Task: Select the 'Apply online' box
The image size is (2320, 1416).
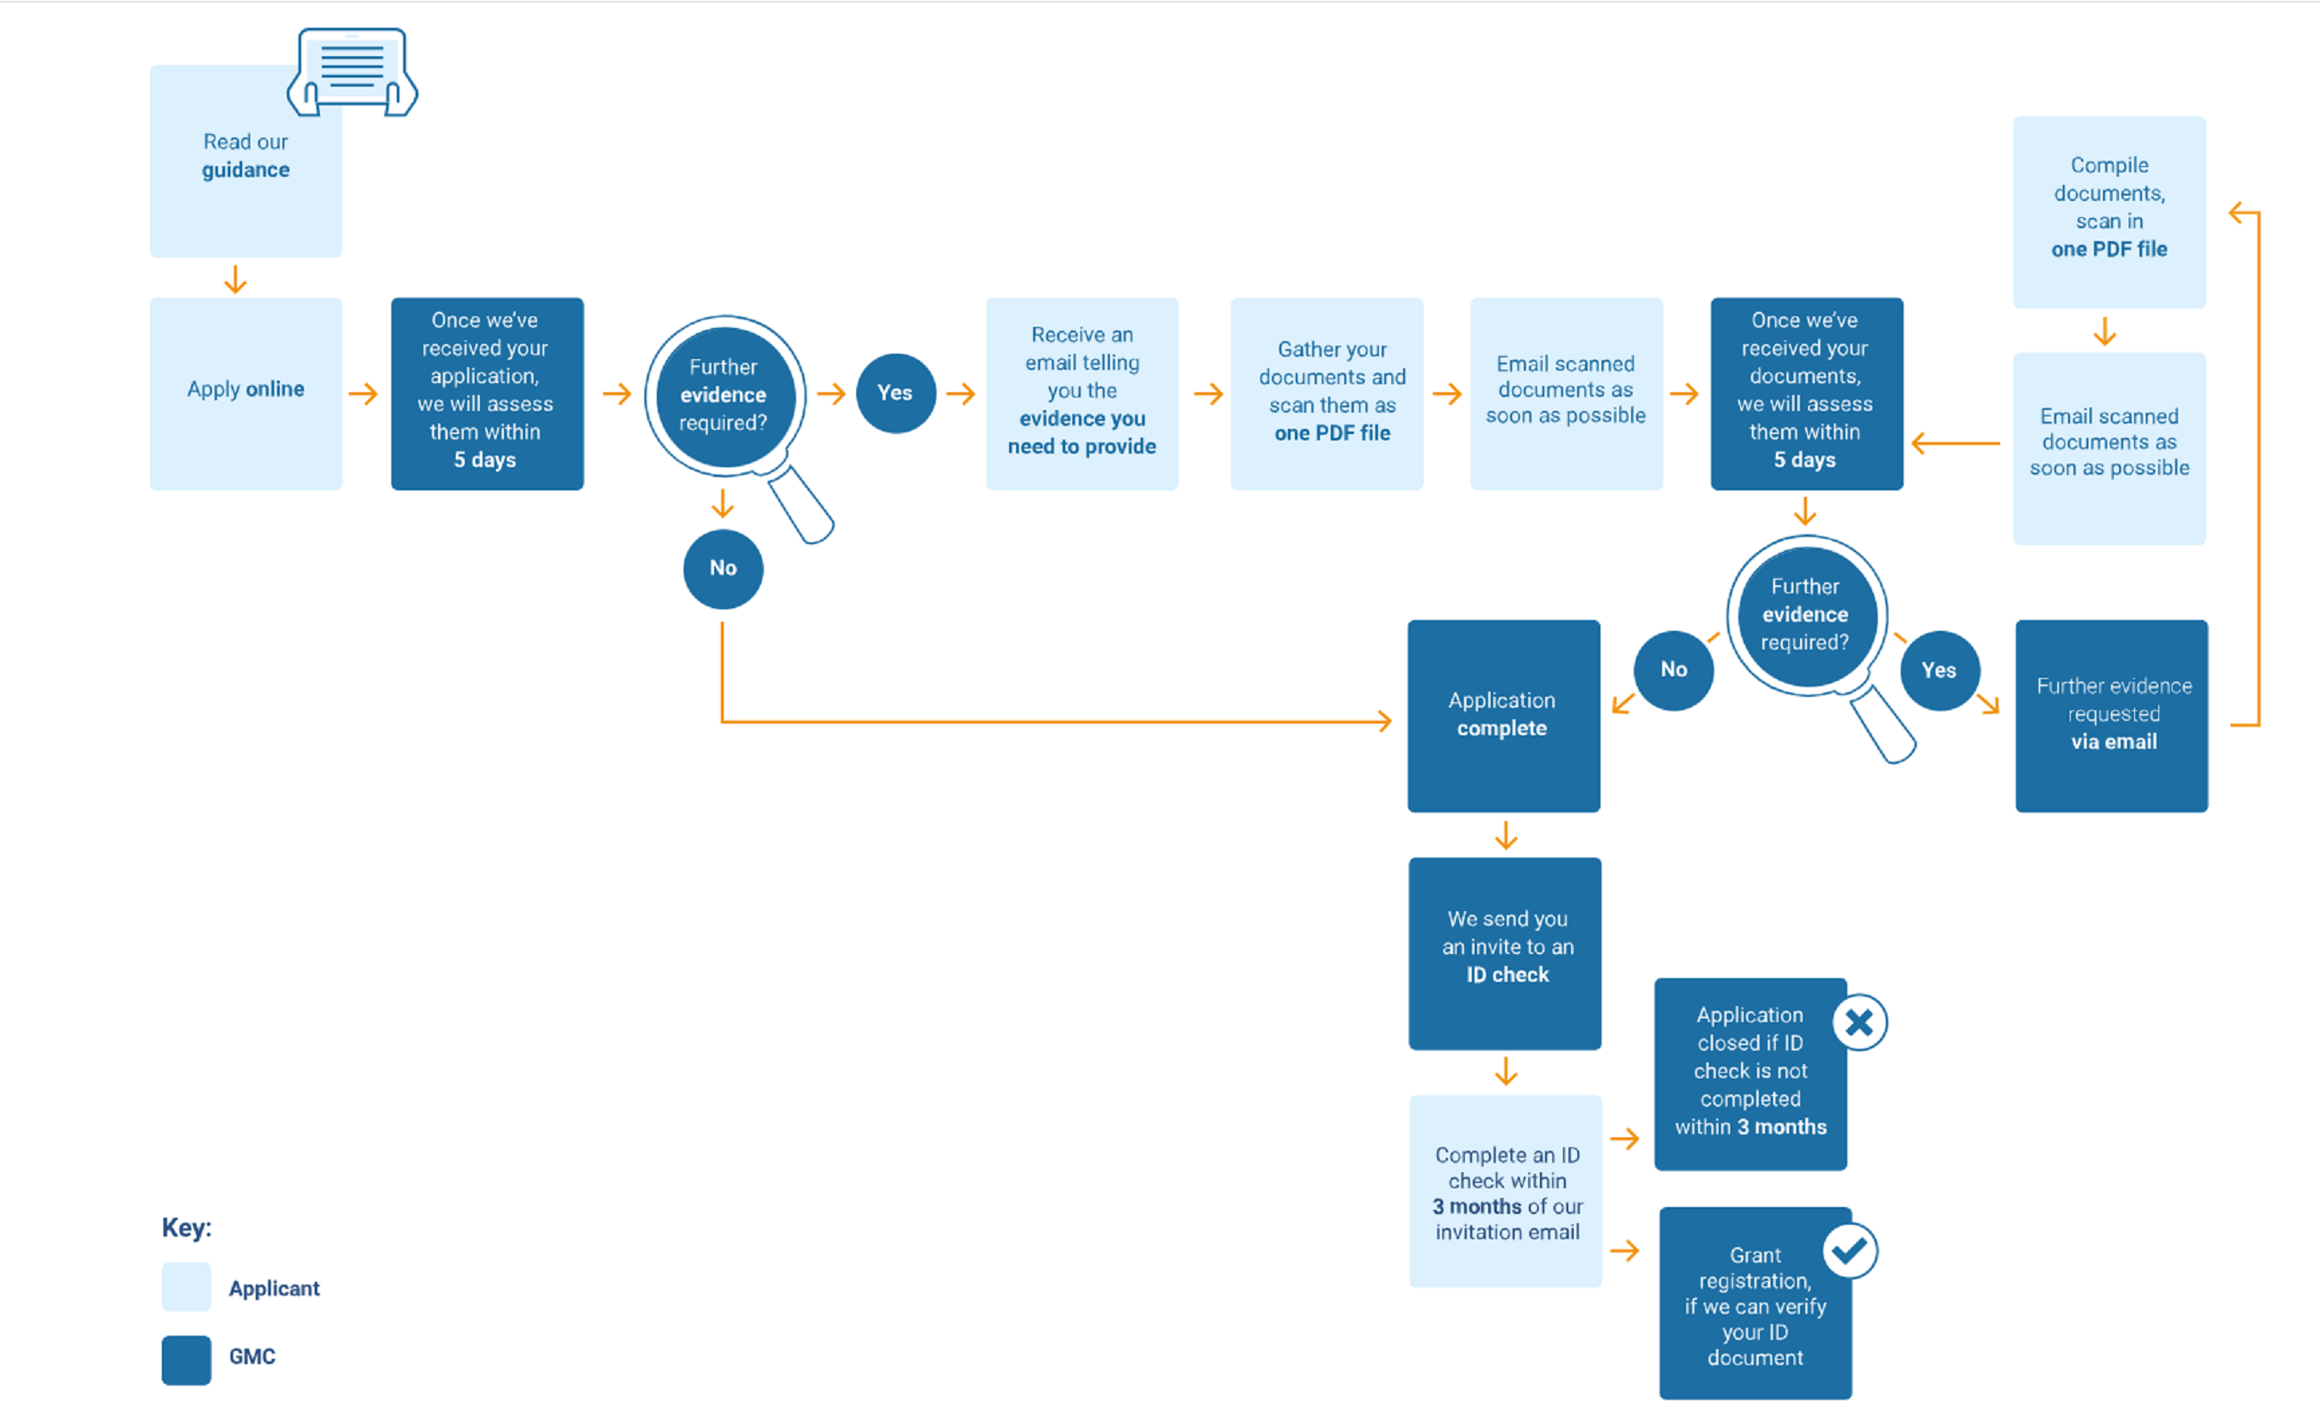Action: coord(245,394)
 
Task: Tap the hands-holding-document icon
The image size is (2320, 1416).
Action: coord(352,71)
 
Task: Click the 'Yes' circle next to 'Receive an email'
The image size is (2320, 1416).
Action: coord(895,392)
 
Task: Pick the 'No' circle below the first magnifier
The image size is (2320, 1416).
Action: coord(723,569)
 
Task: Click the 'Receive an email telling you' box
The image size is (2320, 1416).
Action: coord(1082,394)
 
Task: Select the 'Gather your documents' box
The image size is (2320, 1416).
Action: coord(1325,394)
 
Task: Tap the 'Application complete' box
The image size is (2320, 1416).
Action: coord(1503,716)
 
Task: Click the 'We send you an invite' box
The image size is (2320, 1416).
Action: coord(1505,953)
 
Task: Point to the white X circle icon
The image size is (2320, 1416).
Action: coord(1860,1022)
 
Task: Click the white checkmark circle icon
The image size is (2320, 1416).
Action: coord(1850,1251)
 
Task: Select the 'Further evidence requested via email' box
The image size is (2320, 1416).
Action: coord(2111,716)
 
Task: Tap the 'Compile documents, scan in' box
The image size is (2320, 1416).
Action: coord(2109,212)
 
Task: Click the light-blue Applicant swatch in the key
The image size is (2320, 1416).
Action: coord(187,1287)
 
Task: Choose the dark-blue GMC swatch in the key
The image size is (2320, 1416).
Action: coord(187,1360)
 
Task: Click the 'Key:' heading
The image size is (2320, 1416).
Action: coord(187,1227)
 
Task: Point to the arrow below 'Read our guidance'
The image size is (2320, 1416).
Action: coord(235,280)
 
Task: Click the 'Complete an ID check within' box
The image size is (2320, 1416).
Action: coord(1505,1191)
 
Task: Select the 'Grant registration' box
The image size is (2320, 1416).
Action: coord(1755,1304)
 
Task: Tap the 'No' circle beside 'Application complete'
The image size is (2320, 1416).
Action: coord(1673,670)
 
